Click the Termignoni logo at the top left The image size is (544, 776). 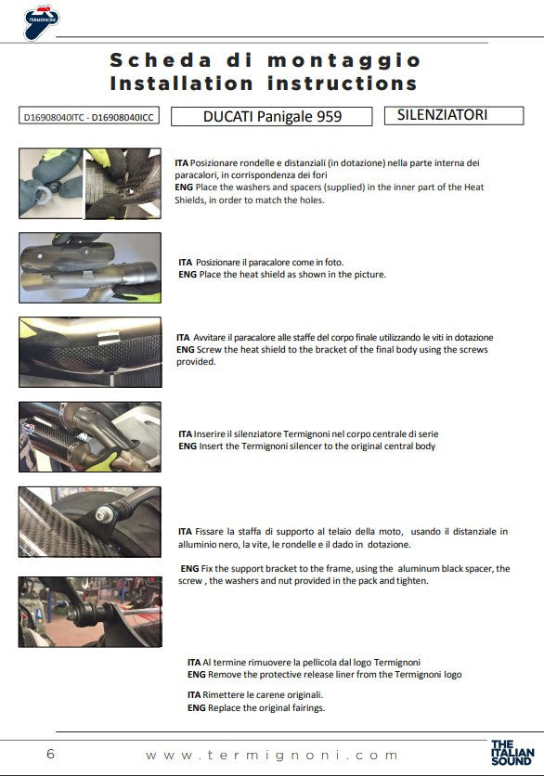point(42,22)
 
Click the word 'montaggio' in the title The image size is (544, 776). point(344,61)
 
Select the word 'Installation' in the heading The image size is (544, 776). point(182,84)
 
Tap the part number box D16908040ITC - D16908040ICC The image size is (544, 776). point(89,117)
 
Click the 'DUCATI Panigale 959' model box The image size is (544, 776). point(272,116)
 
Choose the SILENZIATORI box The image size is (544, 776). point(454,115)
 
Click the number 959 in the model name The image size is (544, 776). point(330,116)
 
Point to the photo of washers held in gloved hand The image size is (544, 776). point(51,183)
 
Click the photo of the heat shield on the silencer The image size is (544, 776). point(90,267)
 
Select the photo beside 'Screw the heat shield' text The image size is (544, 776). point(90,353)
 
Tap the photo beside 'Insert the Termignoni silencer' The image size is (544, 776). point(90,437)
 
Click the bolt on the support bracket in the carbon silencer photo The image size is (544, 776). point(102,515)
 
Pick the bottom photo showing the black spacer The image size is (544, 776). point(90,612)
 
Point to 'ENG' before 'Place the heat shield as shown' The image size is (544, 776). point(188,275)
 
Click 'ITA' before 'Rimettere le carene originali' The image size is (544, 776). point(194,695)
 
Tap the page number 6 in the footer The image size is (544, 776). point(50,754)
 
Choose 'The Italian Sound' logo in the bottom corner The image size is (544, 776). point(512,753)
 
